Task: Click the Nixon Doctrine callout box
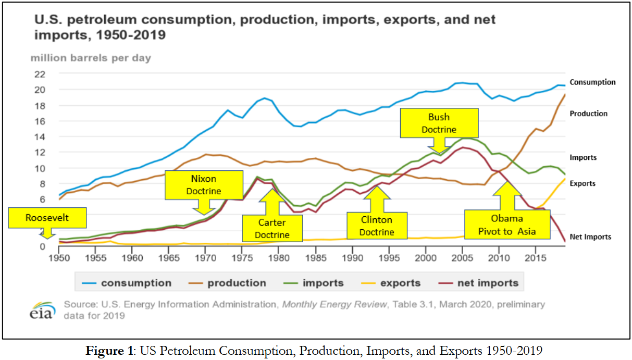[204, 184]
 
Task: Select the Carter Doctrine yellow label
[272, 228]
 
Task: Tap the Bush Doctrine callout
[439, 122]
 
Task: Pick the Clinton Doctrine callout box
[377, 226]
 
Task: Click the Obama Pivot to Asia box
[506, 225]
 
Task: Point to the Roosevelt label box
[47, 218]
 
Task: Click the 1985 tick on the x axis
[315, 257]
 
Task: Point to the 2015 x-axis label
[536, 257]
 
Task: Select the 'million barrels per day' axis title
[91, 58]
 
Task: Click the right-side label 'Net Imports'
[590, 237]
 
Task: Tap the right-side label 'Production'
[588, 114]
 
